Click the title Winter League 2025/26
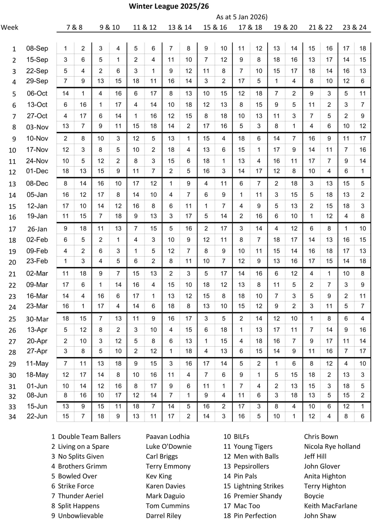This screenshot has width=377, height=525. click(169, 6)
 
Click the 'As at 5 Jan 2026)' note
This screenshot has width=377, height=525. click(242, 17)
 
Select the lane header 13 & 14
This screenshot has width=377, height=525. click(180, 27)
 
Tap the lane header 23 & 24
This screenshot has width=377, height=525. click(354, 27)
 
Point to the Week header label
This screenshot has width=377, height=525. click(10, 27)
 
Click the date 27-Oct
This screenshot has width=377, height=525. click(37, 116)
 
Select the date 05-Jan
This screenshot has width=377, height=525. click(37, 195)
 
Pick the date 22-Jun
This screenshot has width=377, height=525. click(37, 416)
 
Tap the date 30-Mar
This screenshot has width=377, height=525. click(37, 319)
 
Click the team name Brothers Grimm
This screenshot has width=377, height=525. click(82, 466)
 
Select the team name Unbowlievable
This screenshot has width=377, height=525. click(80, 515)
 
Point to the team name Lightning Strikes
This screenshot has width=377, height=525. click(258, 486)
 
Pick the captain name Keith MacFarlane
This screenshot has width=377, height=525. click(331, 505)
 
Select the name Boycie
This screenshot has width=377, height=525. click(314, 496)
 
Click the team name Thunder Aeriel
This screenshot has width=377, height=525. click(80, 496)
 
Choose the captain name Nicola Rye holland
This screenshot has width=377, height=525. click(332, 446)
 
